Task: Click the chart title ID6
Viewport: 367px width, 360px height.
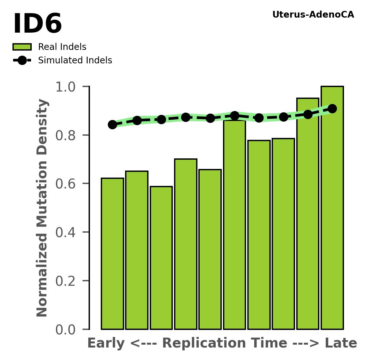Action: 37,24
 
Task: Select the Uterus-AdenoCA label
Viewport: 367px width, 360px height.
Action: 313,15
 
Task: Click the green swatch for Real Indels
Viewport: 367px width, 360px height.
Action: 22,47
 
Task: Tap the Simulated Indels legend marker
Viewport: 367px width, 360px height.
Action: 22,60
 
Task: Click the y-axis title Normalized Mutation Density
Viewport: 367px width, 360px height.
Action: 43,208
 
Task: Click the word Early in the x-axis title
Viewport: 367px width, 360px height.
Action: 106,343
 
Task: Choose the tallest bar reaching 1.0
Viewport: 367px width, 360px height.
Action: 332,208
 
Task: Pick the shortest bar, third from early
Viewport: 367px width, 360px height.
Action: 161,258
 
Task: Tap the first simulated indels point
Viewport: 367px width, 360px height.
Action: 112,124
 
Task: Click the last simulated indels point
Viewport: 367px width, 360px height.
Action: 332,108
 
